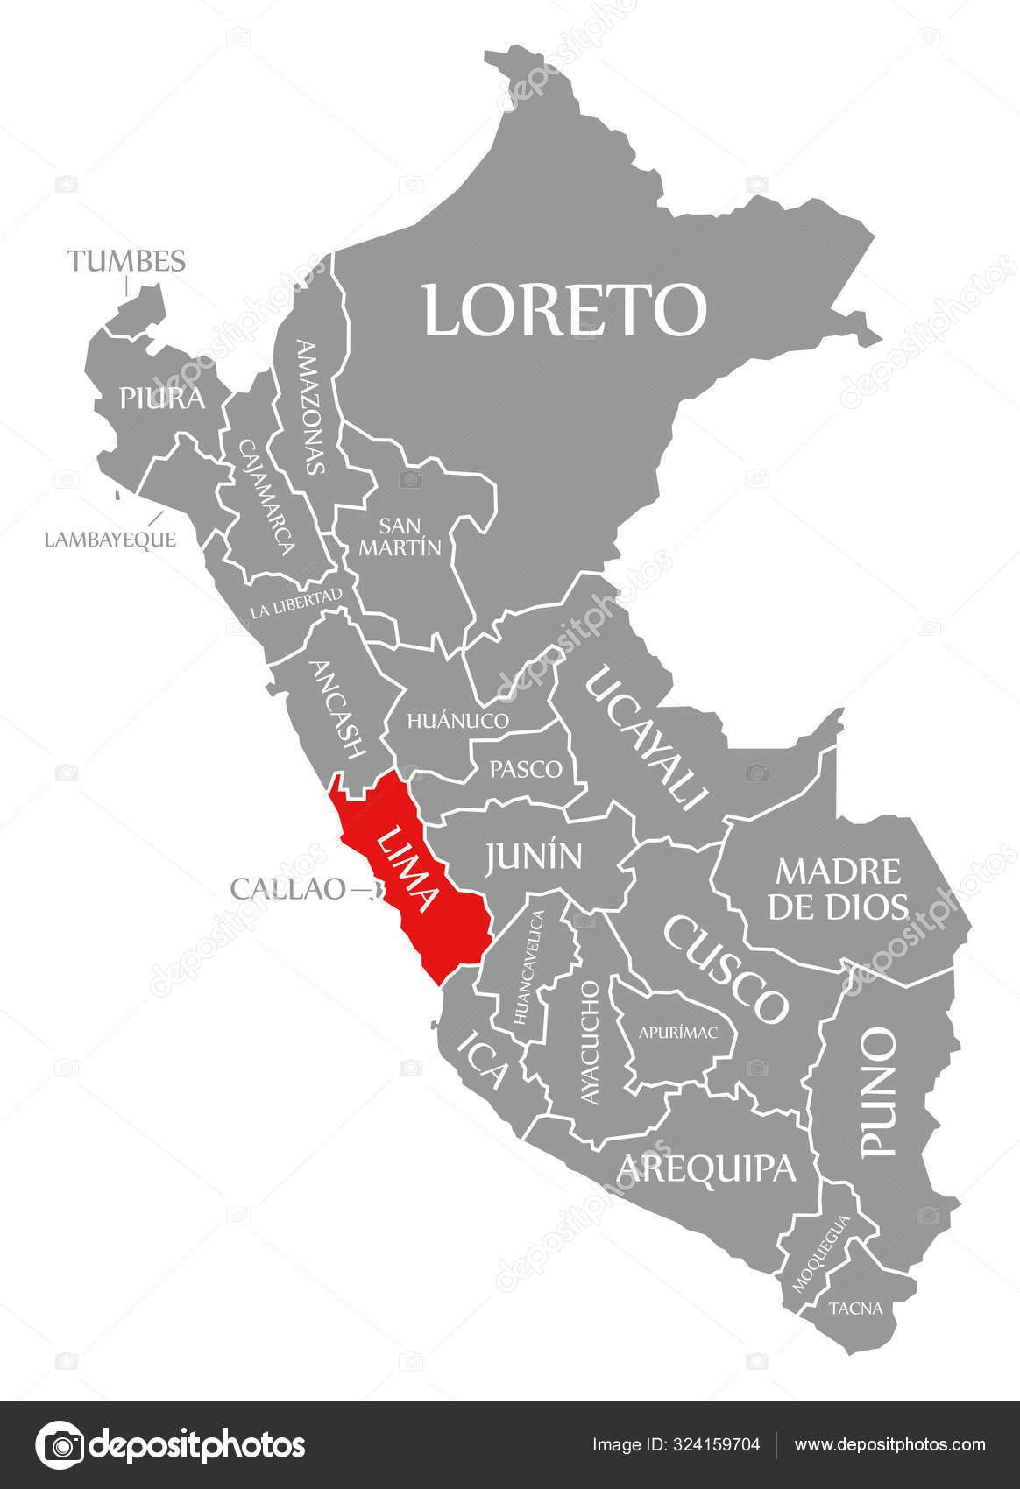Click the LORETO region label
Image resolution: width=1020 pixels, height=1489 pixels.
coord(565,309)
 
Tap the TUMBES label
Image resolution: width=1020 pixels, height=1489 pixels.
coord(126,261)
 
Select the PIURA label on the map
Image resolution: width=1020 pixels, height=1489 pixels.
coord(162,399)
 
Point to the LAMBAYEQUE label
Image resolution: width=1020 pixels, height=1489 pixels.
coord(110,540)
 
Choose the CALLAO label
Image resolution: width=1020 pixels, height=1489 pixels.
coord(287,888)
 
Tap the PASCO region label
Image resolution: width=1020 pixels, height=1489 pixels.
coord(526,769)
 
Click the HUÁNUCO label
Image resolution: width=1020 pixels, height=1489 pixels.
coord(457,721)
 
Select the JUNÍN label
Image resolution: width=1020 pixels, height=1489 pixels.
coord(534,856)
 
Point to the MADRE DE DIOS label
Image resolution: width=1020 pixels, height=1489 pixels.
coord(838,888)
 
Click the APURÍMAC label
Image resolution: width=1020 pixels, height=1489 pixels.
coord(677,1033)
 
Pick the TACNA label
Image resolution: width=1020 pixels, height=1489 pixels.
coord(855,1309)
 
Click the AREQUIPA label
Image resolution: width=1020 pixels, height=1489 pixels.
coord(706,1168)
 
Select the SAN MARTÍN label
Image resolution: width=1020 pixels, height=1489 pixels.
coord(400,536)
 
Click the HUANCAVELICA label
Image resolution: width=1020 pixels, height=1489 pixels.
coord(529,968)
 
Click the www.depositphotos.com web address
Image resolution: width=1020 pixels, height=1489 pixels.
coord(889,1444)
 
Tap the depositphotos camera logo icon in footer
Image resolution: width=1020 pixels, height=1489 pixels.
coord(59,1444)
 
